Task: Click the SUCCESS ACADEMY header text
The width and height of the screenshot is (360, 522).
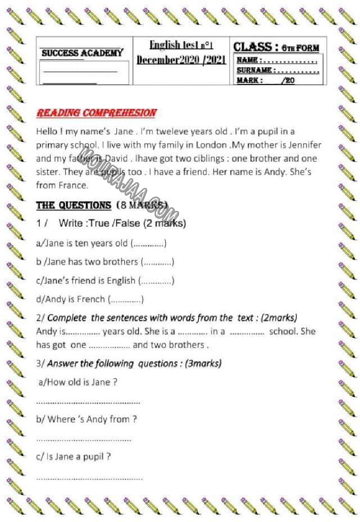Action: (x=82, y=53)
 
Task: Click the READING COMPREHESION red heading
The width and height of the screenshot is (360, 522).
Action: (x=96, y=113)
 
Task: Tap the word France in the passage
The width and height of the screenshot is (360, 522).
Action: (x=72, y=186)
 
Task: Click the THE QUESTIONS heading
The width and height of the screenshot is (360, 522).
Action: (x=74, y=205)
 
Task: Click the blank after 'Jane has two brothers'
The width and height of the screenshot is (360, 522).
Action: (x=157, y=262)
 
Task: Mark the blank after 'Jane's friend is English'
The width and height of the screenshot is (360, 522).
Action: (x=156, y=281)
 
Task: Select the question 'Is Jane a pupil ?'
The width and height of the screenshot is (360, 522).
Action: (x=73, y=457)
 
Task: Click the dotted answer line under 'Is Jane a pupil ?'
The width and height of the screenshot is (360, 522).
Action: (x=89, y=478)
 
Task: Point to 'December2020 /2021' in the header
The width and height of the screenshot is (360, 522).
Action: (x=181, y=60)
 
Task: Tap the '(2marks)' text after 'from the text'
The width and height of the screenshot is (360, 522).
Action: (x=279, y=318)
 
